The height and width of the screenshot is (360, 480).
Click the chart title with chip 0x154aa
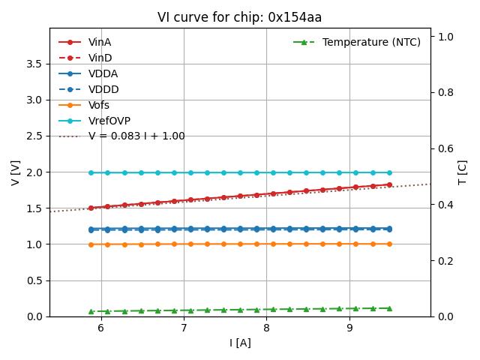pos(239,17)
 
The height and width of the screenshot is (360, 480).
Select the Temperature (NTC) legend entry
pos(371,42)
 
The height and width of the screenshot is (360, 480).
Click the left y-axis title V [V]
pos(16,172)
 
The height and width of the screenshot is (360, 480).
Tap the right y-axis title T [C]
pos(463,172)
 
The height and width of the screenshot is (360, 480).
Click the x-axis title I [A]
pos(240,343)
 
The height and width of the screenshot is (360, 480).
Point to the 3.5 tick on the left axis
pos(33,64)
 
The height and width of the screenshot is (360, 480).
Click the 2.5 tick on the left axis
pos(33,136)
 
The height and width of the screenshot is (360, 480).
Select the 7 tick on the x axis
pos(184,328)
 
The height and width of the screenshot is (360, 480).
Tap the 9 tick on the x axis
pos(349,328)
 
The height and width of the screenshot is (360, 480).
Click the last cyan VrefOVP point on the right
pos(389,172)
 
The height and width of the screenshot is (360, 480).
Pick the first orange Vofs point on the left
pos(91,244)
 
